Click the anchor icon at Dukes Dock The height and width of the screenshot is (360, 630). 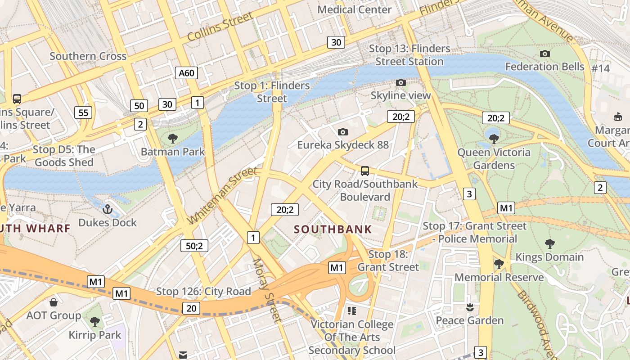pos(107,209)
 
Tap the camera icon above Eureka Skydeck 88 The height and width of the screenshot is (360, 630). pos(343,132)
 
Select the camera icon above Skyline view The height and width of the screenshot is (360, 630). pos(400,82)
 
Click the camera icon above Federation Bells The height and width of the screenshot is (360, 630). pos(544,54)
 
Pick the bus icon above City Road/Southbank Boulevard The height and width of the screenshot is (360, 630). pos(364,171)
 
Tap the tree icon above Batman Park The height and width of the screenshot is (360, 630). pos(172,138)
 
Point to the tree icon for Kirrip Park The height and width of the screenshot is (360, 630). pos(94,321)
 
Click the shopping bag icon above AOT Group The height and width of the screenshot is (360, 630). pos(54,302)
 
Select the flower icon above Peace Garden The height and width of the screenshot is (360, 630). pos(470,307)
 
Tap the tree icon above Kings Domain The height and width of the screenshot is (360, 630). pos(549,244)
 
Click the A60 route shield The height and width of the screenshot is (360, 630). pos(186,73)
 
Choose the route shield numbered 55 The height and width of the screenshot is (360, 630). pos(83,112)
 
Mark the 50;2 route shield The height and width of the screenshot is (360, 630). pos(194,246)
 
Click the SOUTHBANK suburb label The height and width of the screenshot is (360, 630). pos(333,229)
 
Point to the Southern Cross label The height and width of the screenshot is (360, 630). pos(88,56)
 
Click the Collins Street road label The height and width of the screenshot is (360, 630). pos(220,27)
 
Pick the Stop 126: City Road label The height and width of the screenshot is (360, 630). pos(203,292)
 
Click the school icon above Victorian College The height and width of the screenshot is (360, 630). pos(352,310)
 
